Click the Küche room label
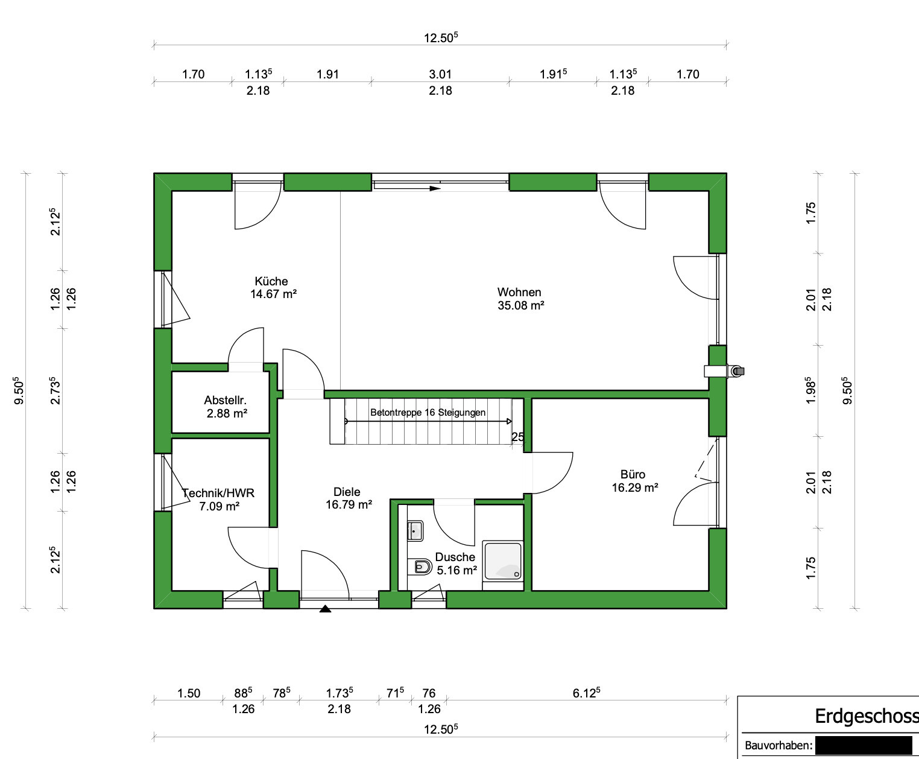pos(271,282)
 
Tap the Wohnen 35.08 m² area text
pos(520,305)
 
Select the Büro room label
pos(633,474)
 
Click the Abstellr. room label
pos(225,401)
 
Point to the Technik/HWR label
pos(218,493)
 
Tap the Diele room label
pos(347,492)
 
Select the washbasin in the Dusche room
pos(415,531)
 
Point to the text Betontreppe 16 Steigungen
pos(428,412)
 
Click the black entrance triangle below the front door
pos(325,609)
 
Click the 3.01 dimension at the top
pos(440,74)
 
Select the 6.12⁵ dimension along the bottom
pos(586,693)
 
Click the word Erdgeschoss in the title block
pos(867,716)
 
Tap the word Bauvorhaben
pos(778,745)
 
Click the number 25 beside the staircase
pos(517,437)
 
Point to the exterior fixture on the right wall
pos(737,371)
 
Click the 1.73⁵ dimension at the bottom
pos(339,693)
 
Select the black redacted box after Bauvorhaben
pos(864,745)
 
